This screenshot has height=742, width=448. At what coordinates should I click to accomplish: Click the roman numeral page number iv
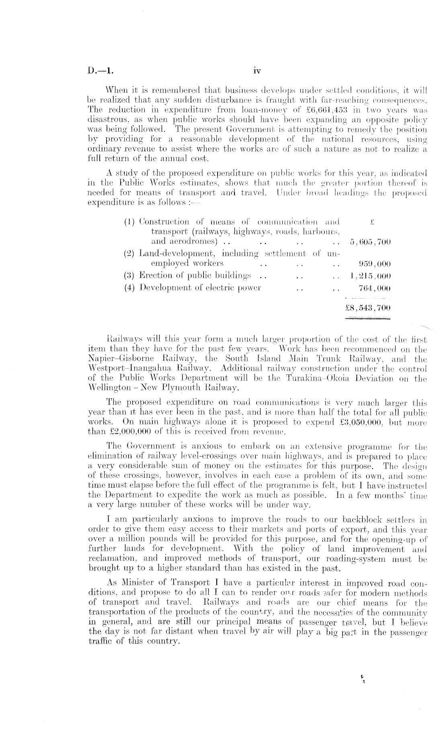click(257, 71)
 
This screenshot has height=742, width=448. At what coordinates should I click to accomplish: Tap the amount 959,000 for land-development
click(374, 264)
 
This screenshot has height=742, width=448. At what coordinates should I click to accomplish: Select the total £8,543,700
click(368, 309)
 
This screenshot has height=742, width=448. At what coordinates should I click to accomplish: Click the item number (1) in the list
click(129, 221)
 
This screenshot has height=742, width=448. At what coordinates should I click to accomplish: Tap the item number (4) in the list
click(129, 288)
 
